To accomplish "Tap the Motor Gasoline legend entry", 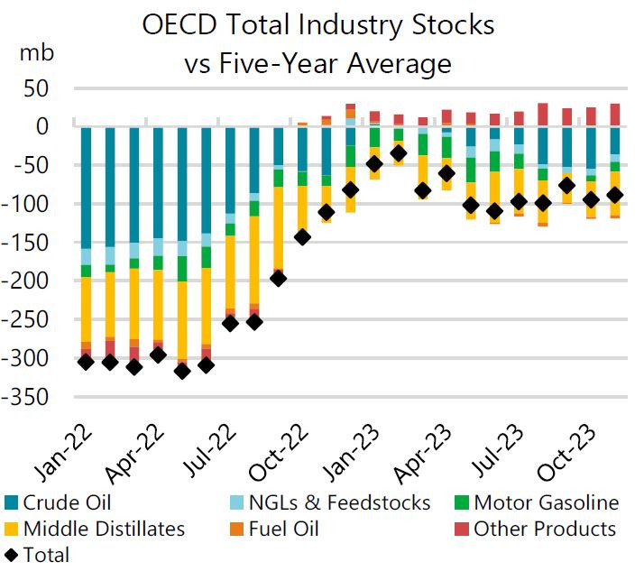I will tap(547, 503).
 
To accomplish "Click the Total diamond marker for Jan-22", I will tap(87, 362).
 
